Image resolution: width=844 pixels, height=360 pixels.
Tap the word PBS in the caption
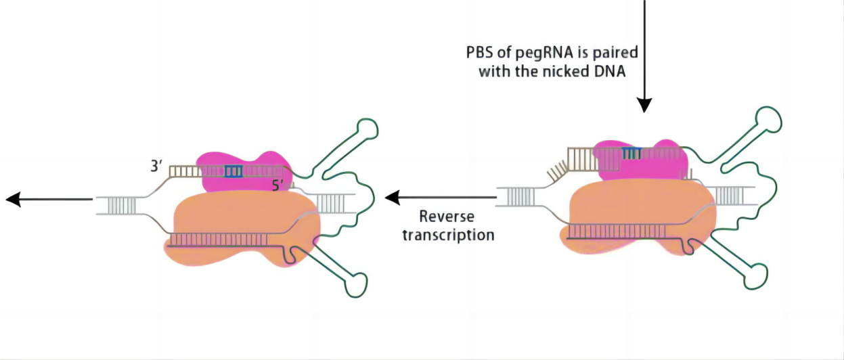coord(480,53)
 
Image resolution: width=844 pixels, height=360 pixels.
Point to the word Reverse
coord(447,217)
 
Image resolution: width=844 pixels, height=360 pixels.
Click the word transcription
coord(448,235)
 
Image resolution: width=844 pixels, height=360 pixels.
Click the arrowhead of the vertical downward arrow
coord(644,104)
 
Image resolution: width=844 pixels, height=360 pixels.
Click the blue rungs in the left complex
coord(234,171)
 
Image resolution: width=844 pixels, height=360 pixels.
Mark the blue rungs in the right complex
coord(631,154)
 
